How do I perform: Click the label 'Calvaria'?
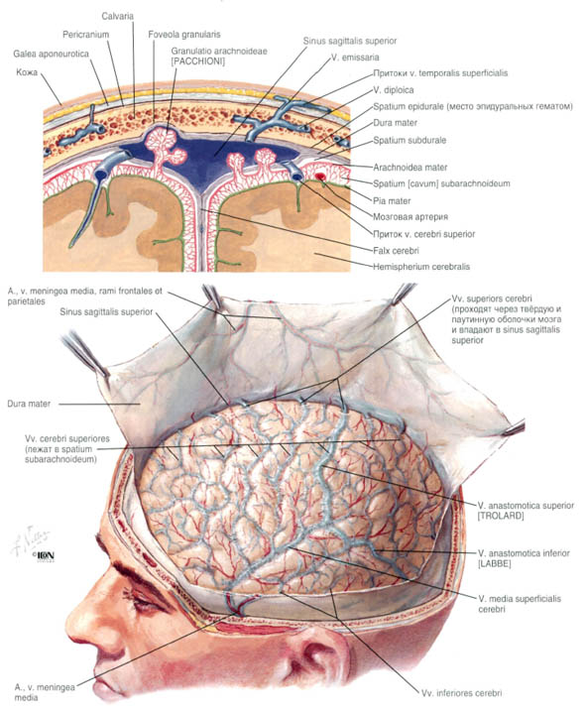pyautogui.click(x=118, y=16)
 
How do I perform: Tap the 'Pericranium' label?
pyautogui.click(x=86, y=35)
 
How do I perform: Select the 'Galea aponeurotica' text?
pyautogui.click(x=51, y=54)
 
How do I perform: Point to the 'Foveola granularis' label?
pyautogui.click(x=184, y=35)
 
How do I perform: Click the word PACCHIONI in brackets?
pyautogui.click(x=198, y=61)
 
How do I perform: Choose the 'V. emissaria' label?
pyautogui.click(x=355, y=58)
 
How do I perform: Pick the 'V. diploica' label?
pyautogui.click(x=394, y=90)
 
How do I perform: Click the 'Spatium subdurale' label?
pyautogui.click(x=409, y=140)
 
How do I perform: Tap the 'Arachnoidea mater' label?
pyautogui.click(x=410, y=168)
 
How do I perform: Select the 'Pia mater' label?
pyautogui.click(x=392, y=200)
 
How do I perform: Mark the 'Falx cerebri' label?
pyautogui.click(x=396, y=251)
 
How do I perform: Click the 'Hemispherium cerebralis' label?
pyautogui.click(x=421, y=267)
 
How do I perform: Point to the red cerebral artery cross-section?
pyautogui.click(x=321, y=177)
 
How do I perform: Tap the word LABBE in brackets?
pyautogui.click(x=494, y=563)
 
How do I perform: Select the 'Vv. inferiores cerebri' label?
pyautogui.click(x=461, y=693)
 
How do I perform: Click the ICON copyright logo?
pyautogui.click(x=44, y=555)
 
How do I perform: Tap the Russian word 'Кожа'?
pyautogui.click(x=27, y=72)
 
